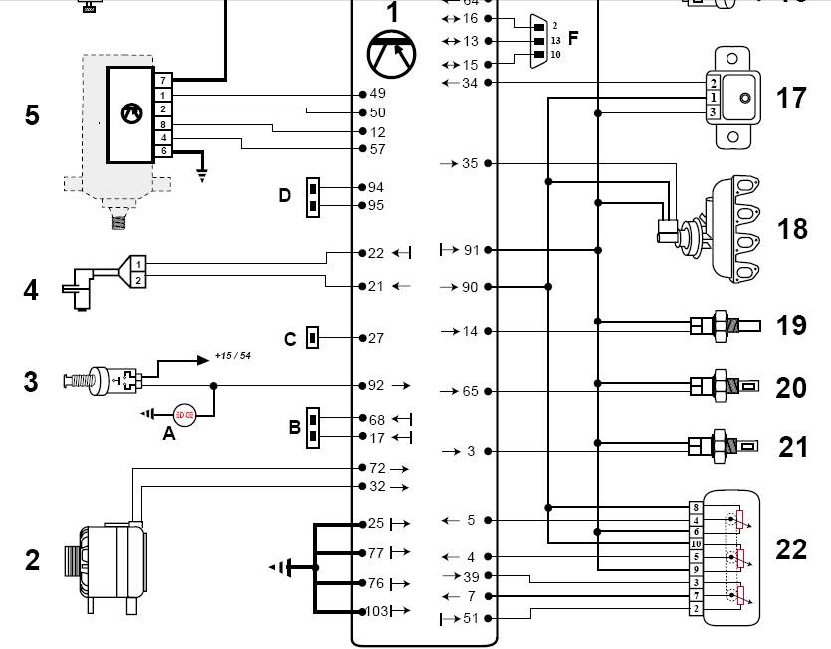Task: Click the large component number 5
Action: coord(32,115)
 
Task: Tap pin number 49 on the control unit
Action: coord(377,94)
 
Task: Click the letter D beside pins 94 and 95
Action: coord(285,195)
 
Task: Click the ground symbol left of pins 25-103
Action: coord(282,567)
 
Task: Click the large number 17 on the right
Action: coord(791,98)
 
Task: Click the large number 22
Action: coord(791,549)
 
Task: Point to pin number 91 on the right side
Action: coord(471,250)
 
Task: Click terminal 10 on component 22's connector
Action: coord(696,543)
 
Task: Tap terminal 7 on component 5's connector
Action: coord(161,79)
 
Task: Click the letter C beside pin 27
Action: coord(290,339)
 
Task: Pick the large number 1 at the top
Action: coord(392,13)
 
